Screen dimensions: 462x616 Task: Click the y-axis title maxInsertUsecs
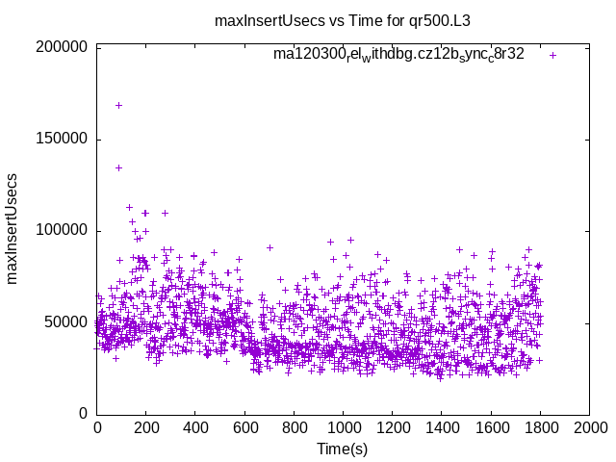[13, 229]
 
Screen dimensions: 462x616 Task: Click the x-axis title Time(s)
[343, 449]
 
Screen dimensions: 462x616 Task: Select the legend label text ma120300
[398, 55]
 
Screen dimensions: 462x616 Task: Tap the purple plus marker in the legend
[552, 55]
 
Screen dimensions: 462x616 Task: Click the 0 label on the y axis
[85, 414]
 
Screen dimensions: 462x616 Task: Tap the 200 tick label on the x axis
[146, 427]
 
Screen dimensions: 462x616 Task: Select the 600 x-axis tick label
[244, 427]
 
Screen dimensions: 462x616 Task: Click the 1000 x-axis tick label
[343, 427]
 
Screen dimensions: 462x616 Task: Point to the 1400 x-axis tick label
[441, 427]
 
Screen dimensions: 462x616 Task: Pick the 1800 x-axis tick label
[539, 427]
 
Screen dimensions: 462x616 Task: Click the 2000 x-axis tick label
[588, 427]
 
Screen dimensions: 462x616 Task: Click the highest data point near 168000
[118, 105]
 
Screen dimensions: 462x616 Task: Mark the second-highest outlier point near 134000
[118, 167]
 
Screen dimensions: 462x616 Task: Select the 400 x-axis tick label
[195, 427]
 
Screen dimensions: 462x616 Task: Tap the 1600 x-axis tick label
[490, 427]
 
